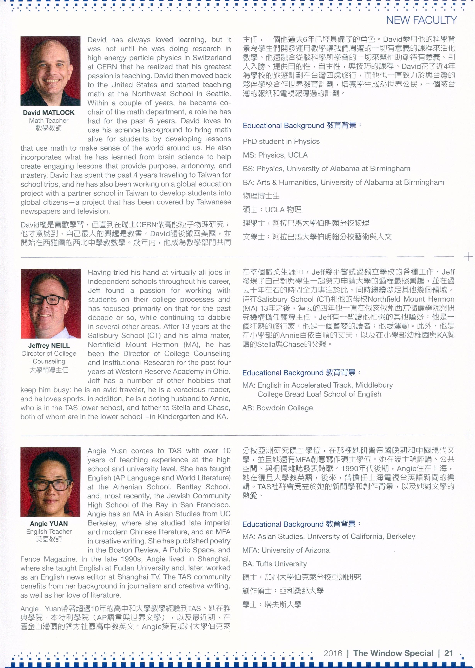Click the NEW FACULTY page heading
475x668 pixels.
(x=421, y=20)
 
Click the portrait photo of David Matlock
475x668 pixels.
(x=50, y=71)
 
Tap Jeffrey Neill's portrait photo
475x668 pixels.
(x=51, y=303)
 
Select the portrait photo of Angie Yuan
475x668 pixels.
(x=50, y=482)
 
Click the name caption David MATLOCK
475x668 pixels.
(x=48, y=113)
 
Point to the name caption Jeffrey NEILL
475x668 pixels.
(x=49, y=346)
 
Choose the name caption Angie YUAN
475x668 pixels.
(x=49, y=524)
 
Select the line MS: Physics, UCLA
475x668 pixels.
(x=275, y=155)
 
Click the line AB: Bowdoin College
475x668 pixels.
(x=277, y=408)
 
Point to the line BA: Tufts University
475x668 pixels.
(x=274, y=564)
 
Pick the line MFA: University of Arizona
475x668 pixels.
(x=286, y=550)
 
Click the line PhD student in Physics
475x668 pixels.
(x=281, y=142)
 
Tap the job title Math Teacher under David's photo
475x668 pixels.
(x=48, y=120)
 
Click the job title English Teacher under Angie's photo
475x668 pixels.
(x=49, y=532)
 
